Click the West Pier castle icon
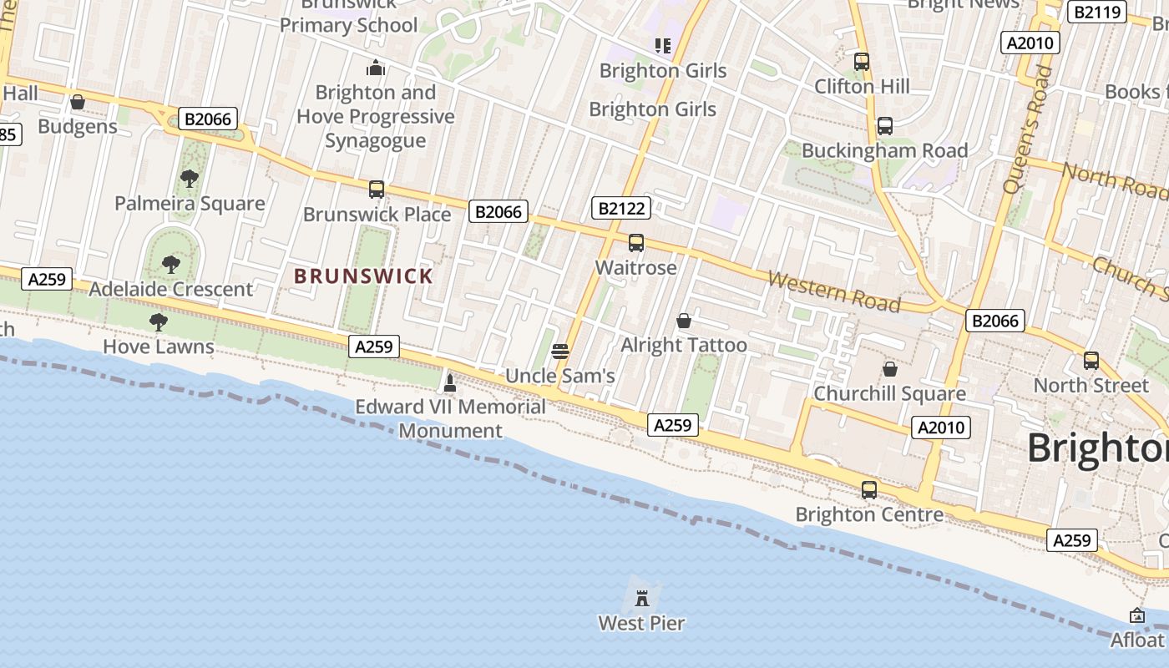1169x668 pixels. point(642,598)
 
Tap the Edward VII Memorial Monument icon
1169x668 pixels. point(450,383)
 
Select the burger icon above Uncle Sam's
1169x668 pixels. point(560,351)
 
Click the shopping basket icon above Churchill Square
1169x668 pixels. point(890,368)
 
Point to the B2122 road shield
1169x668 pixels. point(620,208)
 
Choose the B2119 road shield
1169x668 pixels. point(1097,12)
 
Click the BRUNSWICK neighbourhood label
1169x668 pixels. point(363,276)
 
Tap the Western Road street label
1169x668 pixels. point(834,291)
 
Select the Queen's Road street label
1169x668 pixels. point(1027,129)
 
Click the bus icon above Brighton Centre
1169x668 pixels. point(869,489)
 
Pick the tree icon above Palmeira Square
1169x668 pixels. point(190,178)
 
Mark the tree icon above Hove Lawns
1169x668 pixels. point(158,321)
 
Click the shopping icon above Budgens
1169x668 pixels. point(78,102)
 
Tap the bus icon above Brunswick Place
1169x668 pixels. point(377,190)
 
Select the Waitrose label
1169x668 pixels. point(635,267)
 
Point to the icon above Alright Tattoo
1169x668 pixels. point(684,321)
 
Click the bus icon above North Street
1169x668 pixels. point(1091,361)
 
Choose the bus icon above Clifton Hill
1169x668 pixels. point(862,61)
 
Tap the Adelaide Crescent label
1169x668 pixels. point(170,289)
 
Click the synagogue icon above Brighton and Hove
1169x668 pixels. point(376,68)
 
